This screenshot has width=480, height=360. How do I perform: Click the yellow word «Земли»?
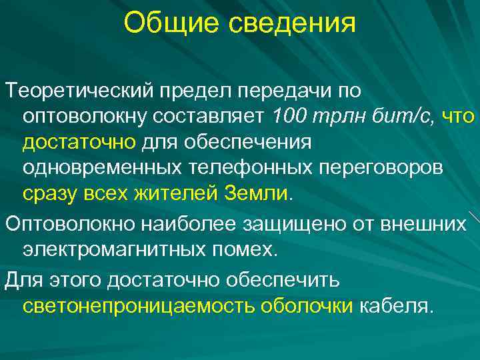pyautogui.click(x=257, y=194)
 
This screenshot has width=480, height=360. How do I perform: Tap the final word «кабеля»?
pyautogui.click(x=397, y=307)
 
